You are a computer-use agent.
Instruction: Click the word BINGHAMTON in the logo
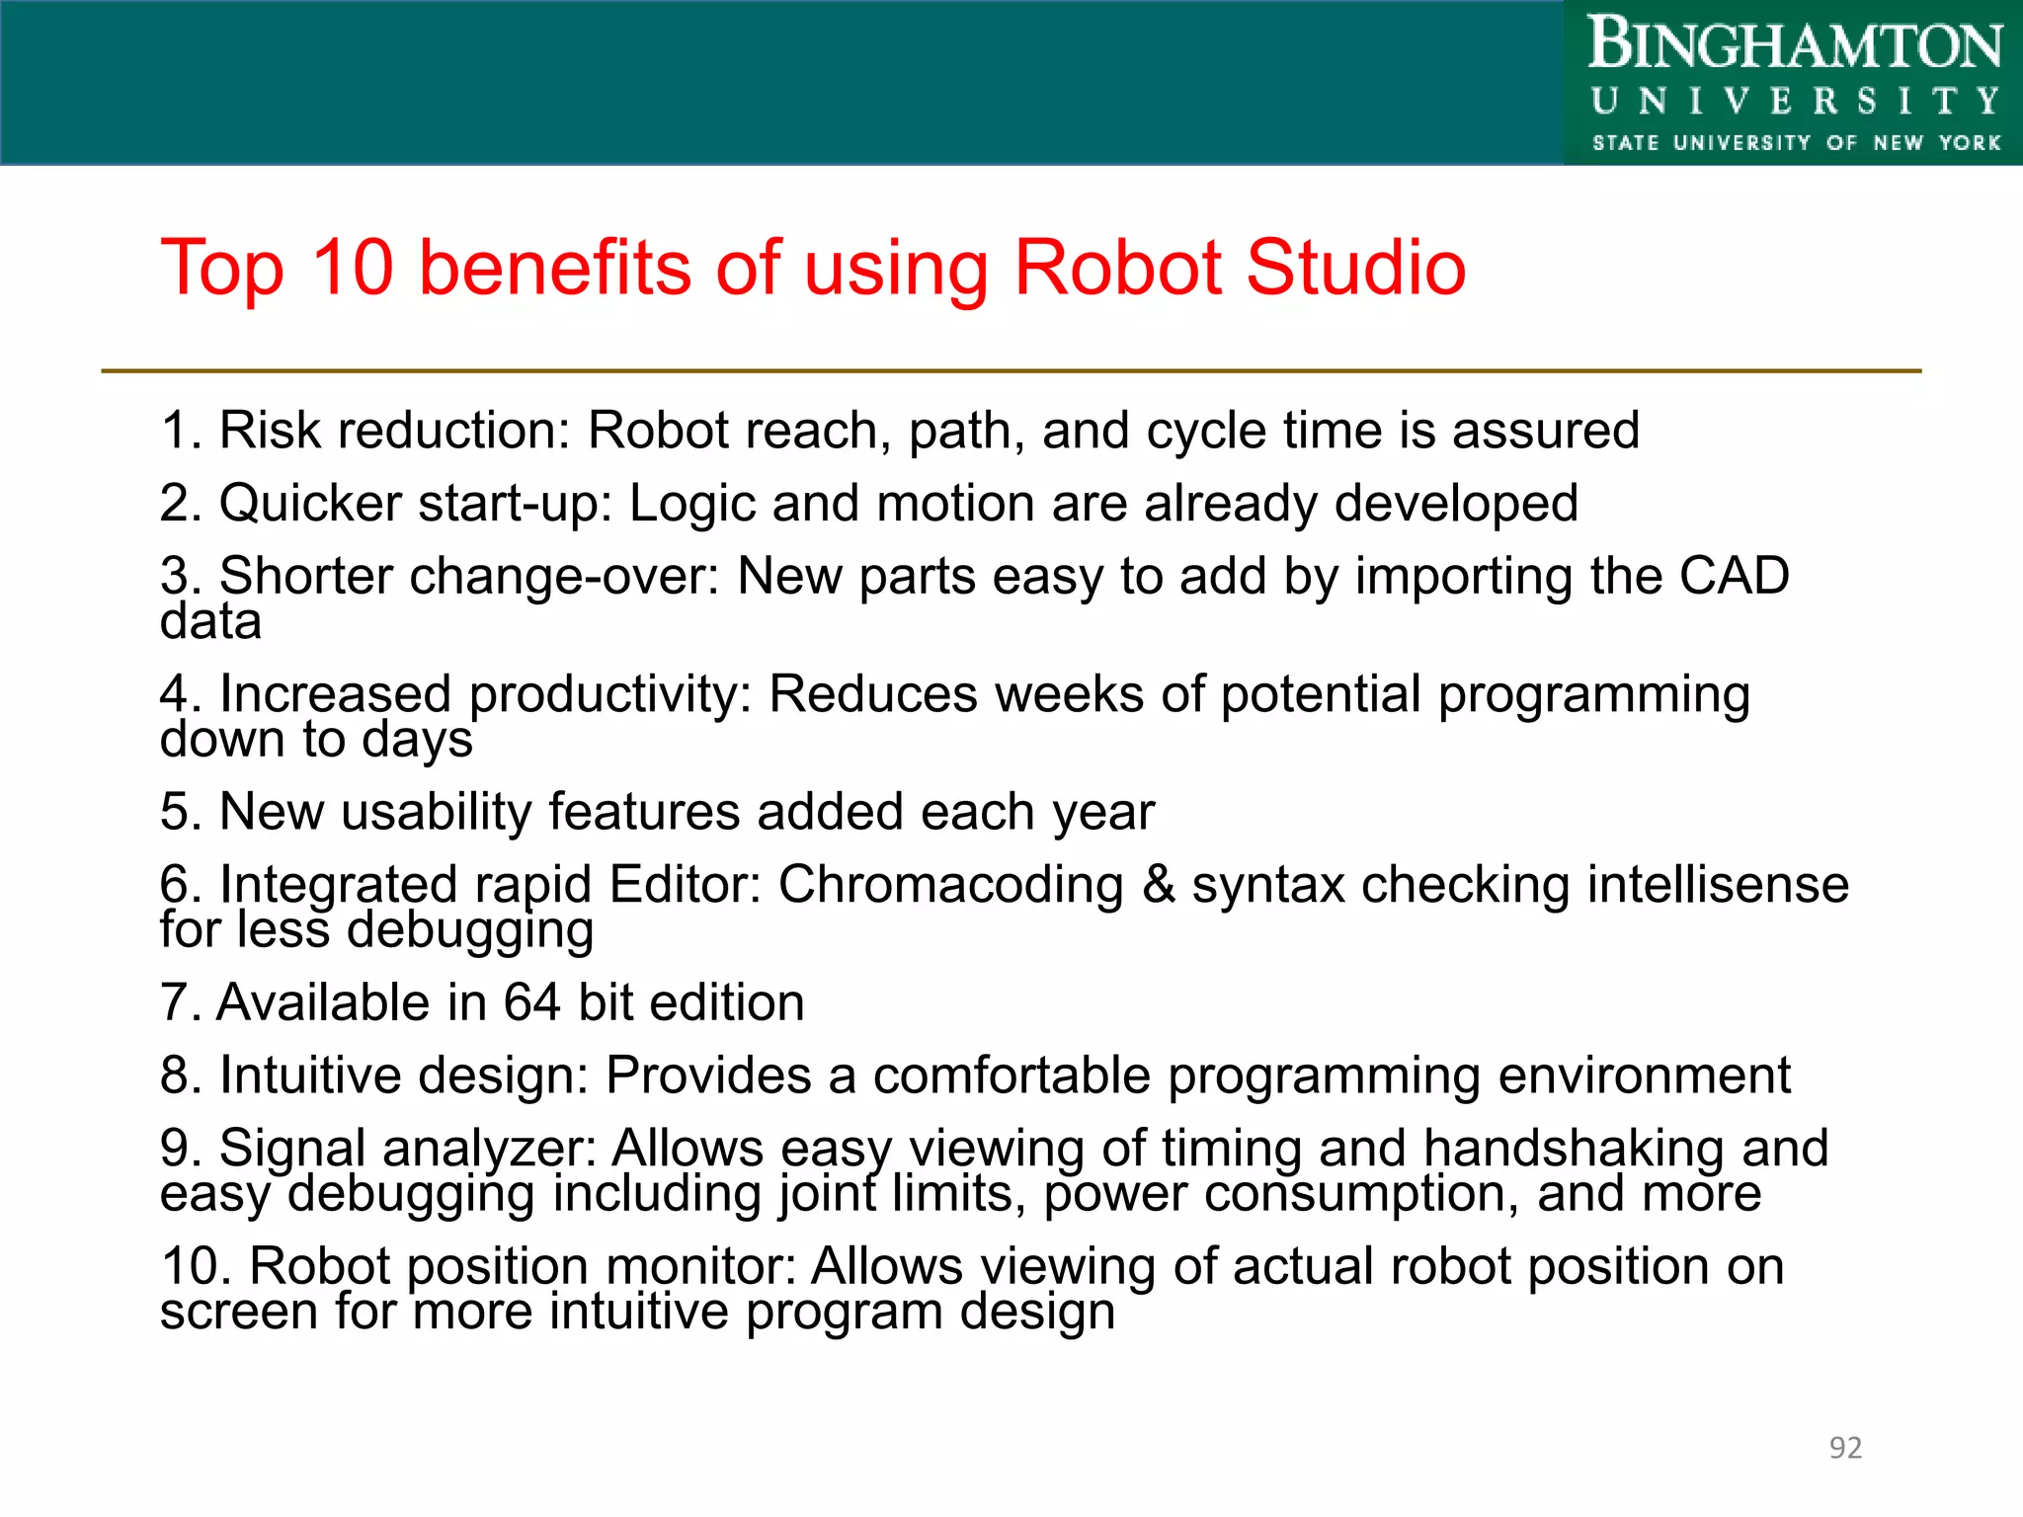point(1795,45)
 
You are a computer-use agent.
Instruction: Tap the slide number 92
point(1845,1447)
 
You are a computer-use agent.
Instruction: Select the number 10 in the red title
point(353,268)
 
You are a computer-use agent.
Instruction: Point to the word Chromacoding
point(950,884)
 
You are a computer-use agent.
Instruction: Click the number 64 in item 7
point(532,1002)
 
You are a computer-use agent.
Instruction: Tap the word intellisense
point(1718,884)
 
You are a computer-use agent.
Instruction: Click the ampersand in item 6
point(1158,884)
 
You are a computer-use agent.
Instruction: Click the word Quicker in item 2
point(310,504)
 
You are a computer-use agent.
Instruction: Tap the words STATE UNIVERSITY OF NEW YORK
point(1796,143)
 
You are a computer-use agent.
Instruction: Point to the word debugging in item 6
point(470,930)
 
